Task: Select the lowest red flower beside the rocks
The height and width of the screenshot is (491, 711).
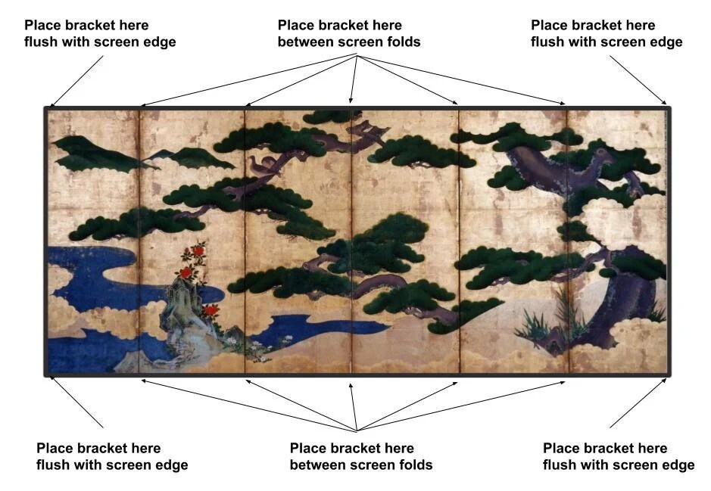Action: point(211,309)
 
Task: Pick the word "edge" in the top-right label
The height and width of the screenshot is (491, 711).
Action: point(666,42)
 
